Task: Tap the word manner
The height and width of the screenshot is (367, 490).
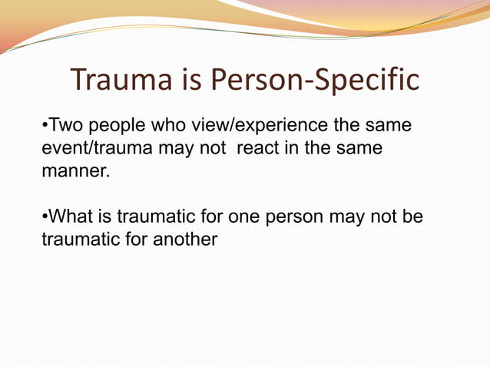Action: coord(75,170)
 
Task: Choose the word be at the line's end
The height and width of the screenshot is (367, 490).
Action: coord(413,217)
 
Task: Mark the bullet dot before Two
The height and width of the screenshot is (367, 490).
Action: coord(45,125)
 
